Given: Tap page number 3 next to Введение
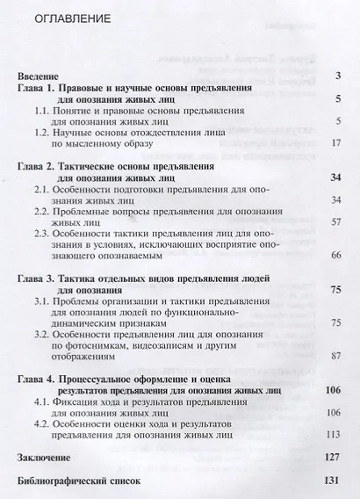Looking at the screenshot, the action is coord(338,77).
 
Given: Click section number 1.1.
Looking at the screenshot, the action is coord(42,117).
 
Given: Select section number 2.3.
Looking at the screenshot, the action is coord(42,241).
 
